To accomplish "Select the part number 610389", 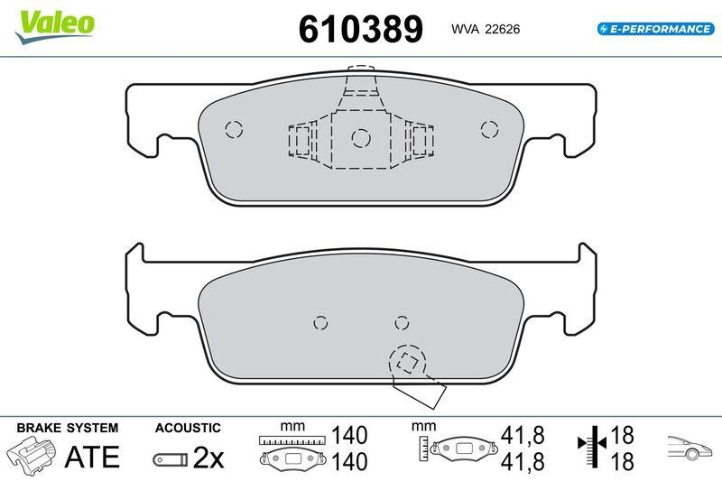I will [360, 29].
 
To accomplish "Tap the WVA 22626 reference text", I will [485, 30].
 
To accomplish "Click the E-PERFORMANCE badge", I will [654, 29].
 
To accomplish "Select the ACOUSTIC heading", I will [188, 427].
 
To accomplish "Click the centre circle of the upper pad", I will [361, 137].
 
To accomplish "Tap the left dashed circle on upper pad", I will [234, 129].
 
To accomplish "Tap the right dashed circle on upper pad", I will [489, 129].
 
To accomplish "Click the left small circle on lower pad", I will [319, 322].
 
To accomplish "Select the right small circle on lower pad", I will [403, 322].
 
